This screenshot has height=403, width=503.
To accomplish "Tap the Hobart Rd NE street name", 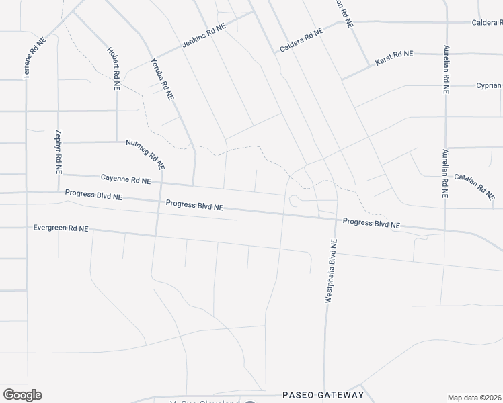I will click(x=113, y=69).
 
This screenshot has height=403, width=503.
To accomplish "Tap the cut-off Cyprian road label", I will click(x=489, y=85).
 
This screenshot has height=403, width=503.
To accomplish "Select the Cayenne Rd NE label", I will click(x=126, y=180).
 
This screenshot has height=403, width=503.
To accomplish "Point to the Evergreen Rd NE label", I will click(x=61, y=228).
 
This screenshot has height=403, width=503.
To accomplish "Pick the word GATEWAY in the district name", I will click(x=342, y=395).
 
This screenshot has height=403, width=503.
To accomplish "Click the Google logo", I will click(x=22, y=395).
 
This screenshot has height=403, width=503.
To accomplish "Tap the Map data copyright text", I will click(x=475, y=398).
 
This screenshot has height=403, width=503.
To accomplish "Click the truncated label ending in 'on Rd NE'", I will click(x=344, y=12).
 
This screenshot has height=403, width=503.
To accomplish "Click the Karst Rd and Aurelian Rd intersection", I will click(x=446, y=53).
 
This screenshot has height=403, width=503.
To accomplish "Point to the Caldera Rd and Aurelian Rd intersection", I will click(x=447, y=22).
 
